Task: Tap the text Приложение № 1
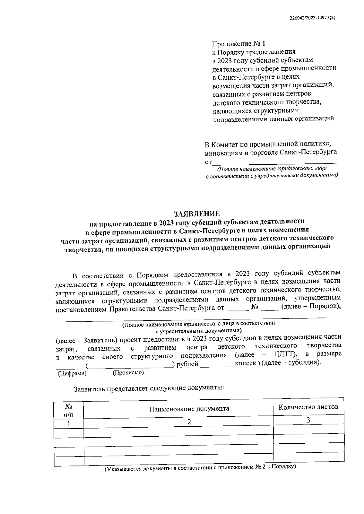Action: point(237,43)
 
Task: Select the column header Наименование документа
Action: point(189,408)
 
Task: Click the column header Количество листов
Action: point(308,407)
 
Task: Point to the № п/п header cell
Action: point(69,410)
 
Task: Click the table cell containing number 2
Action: point(189,422)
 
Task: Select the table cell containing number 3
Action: point(308,420)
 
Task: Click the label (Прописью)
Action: point(128,372)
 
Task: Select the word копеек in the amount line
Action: point(245,363)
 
